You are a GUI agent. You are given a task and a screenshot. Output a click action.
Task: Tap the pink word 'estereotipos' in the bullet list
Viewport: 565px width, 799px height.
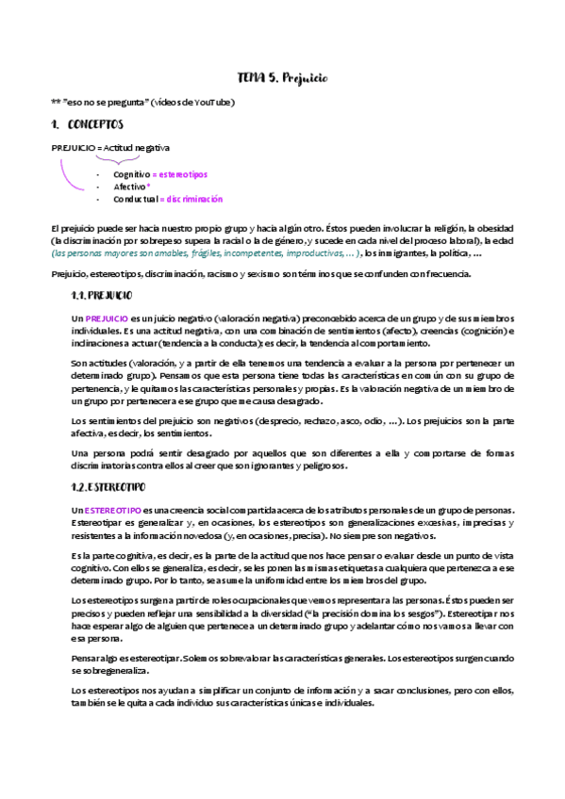pos(183,174)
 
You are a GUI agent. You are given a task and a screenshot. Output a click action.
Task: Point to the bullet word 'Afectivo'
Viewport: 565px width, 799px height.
pos(128,187)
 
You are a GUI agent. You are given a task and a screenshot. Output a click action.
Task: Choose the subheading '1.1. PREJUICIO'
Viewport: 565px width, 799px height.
pos(102,296)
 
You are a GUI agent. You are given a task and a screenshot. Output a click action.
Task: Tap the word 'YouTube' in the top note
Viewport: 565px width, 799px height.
pos(213,102)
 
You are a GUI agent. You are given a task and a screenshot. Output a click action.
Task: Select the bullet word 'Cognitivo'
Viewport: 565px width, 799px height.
pos(131,174)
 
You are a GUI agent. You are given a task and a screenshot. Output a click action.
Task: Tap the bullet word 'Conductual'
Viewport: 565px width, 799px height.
pos(134,199)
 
